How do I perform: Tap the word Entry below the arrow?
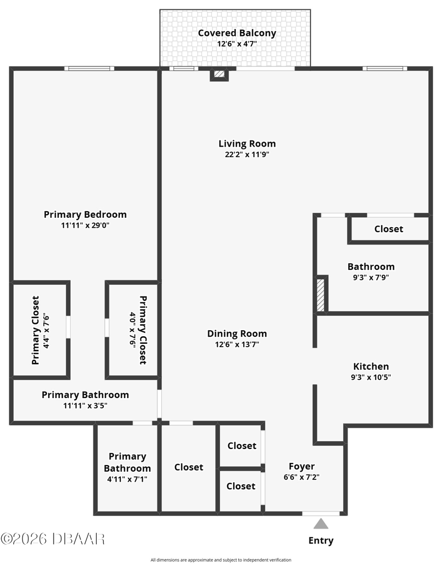321,541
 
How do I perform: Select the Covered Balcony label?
237,33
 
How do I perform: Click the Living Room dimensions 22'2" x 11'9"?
247,155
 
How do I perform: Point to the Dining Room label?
237,333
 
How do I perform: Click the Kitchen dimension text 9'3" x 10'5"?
371,377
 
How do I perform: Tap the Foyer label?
302,467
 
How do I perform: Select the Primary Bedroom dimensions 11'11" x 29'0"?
85,226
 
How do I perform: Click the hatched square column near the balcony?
219,75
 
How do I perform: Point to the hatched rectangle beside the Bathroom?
320,295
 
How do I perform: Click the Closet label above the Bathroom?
389,229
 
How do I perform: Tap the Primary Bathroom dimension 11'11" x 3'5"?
85,406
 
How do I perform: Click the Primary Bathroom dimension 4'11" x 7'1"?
127,479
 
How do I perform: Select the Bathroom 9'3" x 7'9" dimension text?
371,278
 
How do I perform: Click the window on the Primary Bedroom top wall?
90,69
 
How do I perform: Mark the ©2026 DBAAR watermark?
53,539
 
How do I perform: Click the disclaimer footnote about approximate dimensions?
221,560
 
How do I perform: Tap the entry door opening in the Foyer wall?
321,514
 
